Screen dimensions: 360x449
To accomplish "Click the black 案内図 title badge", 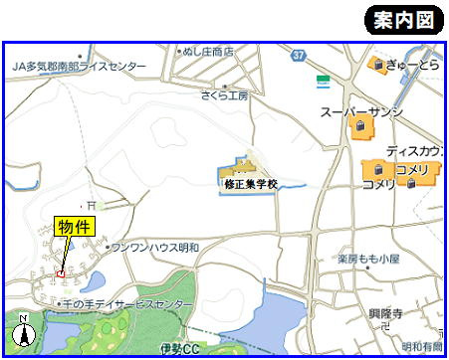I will pos(403,20).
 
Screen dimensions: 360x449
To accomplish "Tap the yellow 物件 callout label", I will pos(74,228).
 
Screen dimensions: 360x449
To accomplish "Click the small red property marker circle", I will pos(62,273).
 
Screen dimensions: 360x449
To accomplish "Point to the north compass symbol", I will pos(24,334).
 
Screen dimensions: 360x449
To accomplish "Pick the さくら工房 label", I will pos(225,95).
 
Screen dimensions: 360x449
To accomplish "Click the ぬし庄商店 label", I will pos(208,50).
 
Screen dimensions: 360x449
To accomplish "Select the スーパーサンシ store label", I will pos(360,112).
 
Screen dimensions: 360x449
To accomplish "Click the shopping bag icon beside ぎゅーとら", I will pos(377,65).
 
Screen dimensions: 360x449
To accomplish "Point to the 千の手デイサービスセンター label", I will pos(126,302).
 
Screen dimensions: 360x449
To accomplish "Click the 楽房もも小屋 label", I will pos(368,258).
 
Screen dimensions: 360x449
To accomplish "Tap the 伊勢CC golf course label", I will pos(179,349).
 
